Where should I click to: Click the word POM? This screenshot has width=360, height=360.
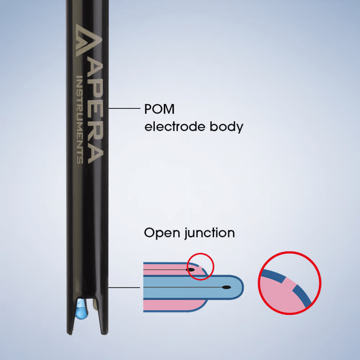click(x=159, y=109)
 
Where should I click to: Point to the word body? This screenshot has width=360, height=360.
click(x=226, y=127)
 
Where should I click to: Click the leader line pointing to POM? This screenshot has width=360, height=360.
click(x=123, y=108)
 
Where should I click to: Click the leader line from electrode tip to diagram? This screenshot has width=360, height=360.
click(x=123, y=287)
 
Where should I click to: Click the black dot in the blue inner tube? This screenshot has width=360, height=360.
click(x=226, y=287)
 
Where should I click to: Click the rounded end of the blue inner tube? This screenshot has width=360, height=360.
click(x=238, y=287)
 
